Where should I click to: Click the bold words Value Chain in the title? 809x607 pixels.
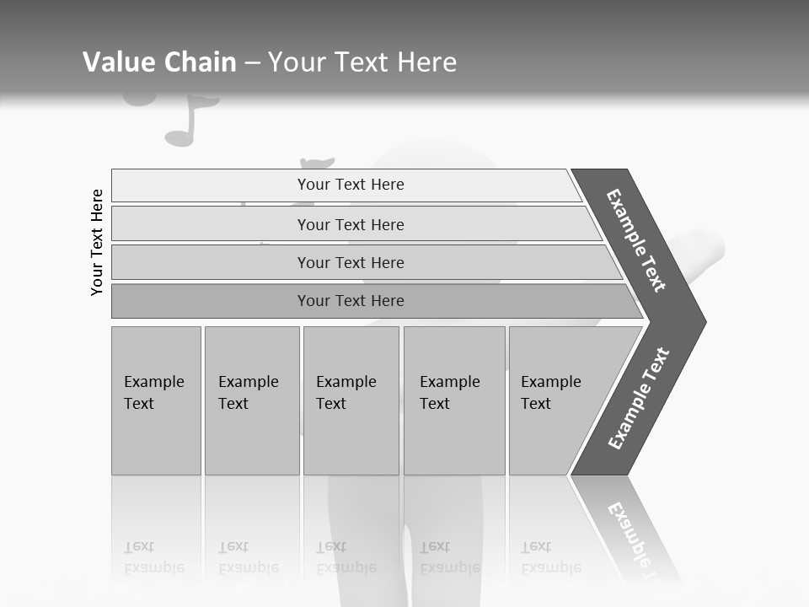159,62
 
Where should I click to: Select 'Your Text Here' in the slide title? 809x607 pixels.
362,62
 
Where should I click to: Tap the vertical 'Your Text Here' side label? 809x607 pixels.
97,242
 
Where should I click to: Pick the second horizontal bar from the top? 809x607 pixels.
350,224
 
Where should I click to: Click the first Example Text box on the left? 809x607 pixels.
156,400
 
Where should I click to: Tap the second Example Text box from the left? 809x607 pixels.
251,400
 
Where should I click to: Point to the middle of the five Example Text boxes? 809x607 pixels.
351,400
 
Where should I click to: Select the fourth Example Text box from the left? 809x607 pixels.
453,400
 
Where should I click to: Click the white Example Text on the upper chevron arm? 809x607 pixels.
636,240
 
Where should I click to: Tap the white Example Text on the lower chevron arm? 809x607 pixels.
639,399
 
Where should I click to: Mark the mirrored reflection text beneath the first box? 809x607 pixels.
154,557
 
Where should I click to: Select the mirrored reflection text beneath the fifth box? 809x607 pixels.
551,557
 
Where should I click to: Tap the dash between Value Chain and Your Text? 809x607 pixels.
252,63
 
